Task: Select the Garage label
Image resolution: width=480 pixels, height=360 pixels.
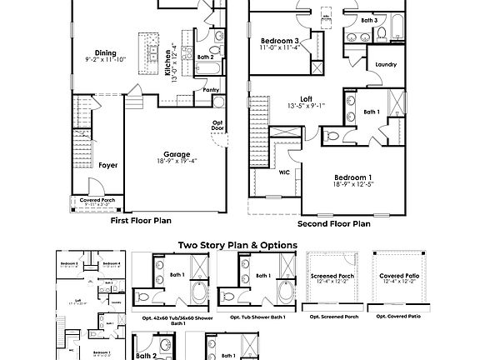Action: [176, 154]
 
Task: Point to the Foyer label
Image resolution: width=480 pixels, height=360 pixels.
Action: [107, 165]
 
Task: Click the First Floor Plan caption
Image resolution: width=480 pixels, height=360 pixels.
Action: [141, 221]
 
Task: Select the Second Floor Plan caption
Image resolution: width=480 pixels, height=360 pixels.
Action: [334, 223]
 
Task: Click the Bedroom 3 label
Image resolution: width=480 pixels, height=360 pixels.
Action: [278, 40]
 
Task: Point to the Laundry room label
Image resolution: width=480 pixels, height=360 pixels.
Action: [386, 63]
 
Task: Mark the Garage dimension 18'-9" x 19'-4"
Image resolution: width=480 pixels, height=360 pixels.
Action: [176, 161]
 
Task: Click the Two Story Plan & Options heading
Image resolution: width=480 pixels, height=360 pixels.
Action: [238, 245]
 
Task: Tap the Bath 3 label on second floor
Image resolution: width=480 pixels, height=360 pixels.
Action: [369, 19]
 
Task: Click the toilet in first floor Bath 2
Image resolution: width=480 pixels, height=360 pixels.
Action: [218, 37]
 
